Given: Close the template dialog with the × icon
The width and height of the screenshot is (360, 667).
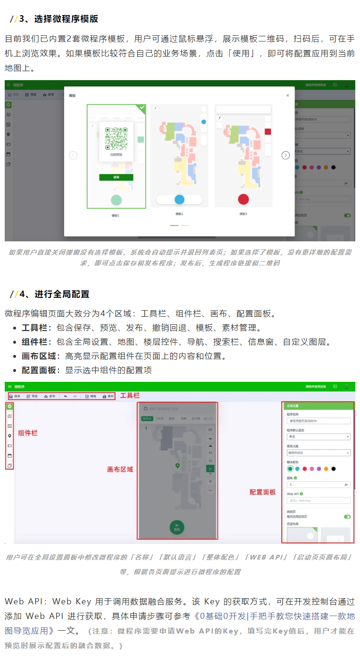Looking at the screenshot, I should (x=287, y=95).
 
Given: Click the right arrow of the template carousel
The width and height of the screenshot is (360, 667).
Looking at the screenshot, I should (x=286, y=155).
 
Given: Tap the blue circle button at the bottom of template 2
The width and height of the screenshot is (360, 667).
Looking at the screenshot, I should (x=180, y=199).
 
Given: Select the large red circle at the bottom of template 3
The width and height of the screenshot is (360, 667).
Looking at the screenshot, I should (x=243, y=199).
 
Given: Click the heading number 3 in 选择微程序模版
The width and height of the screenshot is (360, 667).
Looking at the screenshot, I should (x=21, y=19).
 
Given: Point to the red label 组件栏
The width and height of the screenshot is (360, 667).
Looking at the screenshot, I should (x=28, y=433).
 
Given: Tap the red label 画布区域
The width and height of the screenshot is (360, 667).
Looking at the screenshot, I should (x=120, y=469).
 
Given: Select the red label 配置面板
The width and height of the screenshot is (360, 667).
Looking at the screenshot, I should (x=262, y=492).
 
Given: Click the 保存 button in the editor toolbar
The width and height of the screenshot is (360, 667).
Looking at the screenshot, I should (x=15, y=396).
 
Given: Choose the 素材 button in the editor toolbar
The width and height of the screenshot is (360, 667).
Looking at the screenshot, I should (x=108, y=396).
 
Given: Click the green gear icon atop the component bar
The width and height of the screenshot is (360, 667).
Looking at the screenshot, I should (x=9, y=406).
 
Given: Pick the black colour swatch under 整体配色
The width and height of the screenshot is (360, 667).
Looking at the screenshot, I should (x=334, y=469).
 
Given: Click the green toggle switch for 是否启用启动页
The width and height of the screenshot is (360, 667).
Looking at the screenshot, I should (x=347, y=517).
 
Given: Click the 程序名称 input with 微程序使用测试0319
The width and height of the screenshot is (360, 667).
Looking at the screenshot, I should (x=319, y=421).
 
